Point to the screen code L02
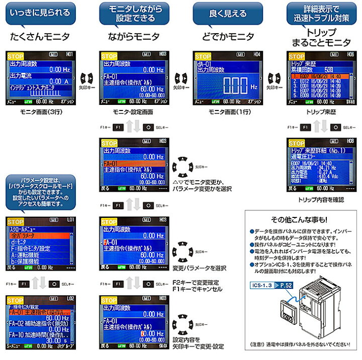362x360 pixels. point(71,298)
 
